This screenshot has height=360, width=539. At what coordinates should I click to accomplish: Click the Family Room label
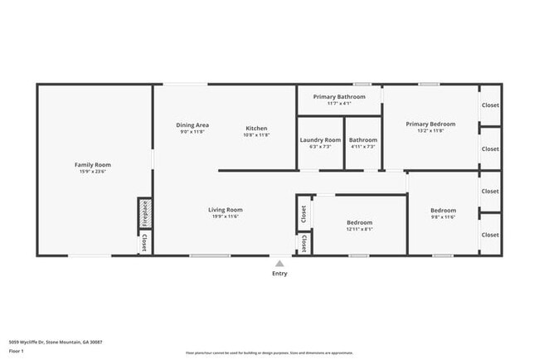(x=93, y=165)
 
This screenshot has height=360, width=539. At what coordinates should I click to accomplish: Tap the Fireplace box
(x=144, y=213)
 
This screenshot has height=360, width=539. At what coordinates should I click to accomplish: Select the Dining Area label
(x=192, y=125)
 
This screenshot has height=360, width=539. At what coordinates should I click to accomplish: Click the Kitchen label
(x=256, y=128)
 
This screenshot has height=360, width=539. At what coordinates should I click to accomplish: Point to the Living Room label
(x=225, y=210)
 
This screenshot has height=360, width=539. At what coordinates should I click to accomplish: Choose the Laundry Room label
(x=320, y=140)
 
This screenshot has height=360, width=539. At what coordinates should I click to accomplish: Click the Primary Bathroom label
(x=339, y=97)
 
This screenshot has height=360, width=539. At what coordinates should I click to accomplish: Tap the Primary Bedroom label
(x=430, y=124)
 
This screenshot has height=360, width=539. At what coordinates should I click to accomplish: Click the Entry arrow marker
(x=279, y=264)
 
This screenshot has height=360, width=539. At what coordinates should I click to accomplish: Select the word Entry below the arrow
(x=279, y=274)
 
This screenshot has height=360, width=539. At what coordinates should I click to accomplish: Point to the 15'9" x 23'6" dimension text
(x=93, y=172)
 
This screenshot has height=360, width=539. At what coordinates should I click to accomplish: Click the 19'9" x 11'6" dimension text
(x=225, y=216)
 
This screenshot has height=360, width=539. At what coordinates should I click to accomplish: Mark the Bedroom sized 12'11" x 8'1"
(x=359, y=222)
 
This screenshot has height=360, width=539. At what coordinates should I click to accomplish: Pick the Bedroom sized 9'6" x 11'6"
(x=443, y=211)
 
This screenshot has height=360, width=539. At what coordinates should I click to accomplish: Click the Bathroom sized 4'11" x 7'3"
(x=363, y=140)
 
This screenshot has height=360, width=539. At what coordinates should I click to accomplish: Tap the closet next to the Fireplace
(x=144, y=243)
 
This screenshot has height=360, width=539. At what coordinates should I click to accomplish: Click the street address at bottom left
(x=54, y=342)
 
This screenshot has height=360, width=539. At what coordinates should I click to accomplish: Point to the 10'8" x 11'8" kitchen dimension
(x=256, y=134)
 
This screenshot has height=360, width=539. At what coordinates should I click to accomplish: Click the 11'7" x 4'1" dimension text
(x=339, y=104)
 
